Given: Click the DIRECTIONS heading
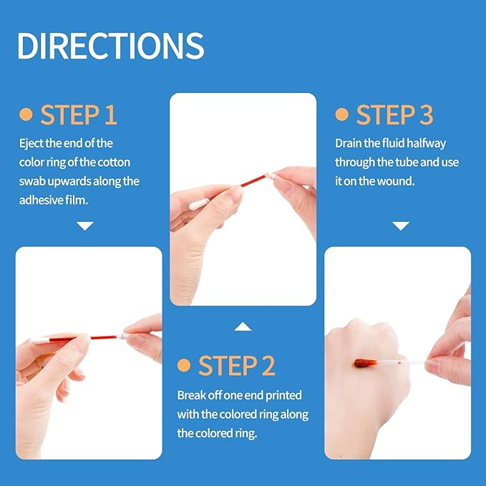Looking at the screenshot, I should click(110, 45).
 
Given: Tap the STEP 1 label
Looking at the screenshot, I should click(78, 115).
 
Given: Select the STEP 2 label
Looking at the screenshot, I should click(236, 366).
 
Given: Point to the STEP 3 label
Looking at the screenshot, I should click(394, 115).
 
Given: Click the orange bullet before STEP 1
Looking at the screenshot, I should click(26, 115).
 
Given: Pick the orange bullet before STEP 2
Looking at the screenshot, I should click(184, 366).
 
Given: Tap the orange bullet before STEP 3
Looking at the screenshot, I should click(342, 115).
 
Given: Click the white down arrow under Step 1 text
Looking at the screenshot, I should click(85, 226).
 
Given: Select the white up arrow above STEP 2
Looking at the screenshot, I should click(243, 327).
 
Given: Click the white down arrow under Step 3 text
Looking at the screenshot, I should click(401, 226).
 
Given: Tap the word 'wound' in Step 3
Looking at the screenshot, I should click(399, 180).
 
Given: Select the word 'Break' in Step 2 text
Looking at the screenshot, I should click(191, 395).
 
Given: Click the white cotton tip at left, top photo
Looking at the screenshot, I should click(198, 204).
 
